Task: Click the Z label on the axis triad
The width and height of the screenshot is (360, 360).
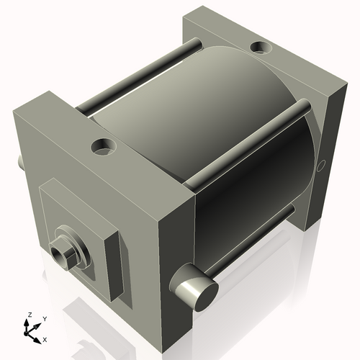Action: coord(30,315)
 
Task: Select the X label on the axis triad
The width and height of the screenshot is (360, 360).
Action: coord(45,338)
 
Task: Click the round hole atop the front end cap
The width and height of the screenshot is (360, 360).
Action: coord(104,148)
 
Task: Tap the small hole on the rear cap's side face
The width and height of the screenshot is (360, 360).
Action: coord(321,166)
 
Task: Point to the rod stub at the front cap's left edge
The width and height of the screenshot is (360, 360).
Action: coord(17,162)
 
